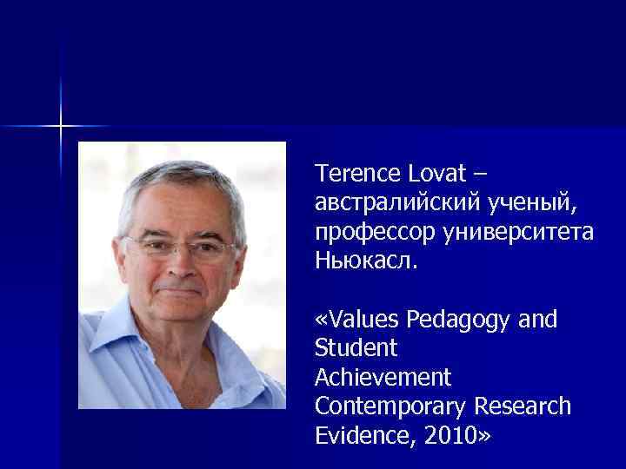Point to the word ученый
coord(529,203)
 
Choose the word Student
coord(356,348)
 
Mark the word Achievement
coord(383,378)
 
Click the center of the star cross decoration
coord(61,126)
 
